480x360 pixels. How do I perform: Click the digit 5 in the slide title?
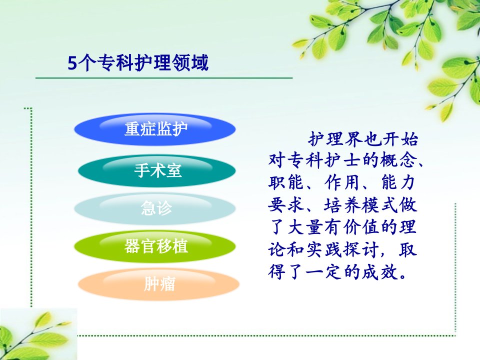72,63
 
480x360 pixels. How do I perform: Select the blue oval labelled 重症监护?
155,129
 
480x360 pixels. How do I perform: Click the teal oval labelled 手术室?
156,170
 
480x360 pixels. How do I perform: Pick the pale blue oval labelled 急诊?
155,208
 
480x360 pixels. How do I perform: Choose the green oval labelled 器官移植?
155,246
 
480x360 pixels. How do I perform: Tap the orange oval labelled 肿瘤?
158,284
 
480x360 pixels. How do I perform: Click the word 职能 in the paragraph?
286,182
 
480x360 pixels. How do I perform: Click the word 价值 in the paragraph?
361,227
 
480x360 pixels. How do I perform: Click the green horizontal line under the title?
164,78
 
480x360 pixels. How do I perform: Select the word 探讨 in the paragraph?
361,249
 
